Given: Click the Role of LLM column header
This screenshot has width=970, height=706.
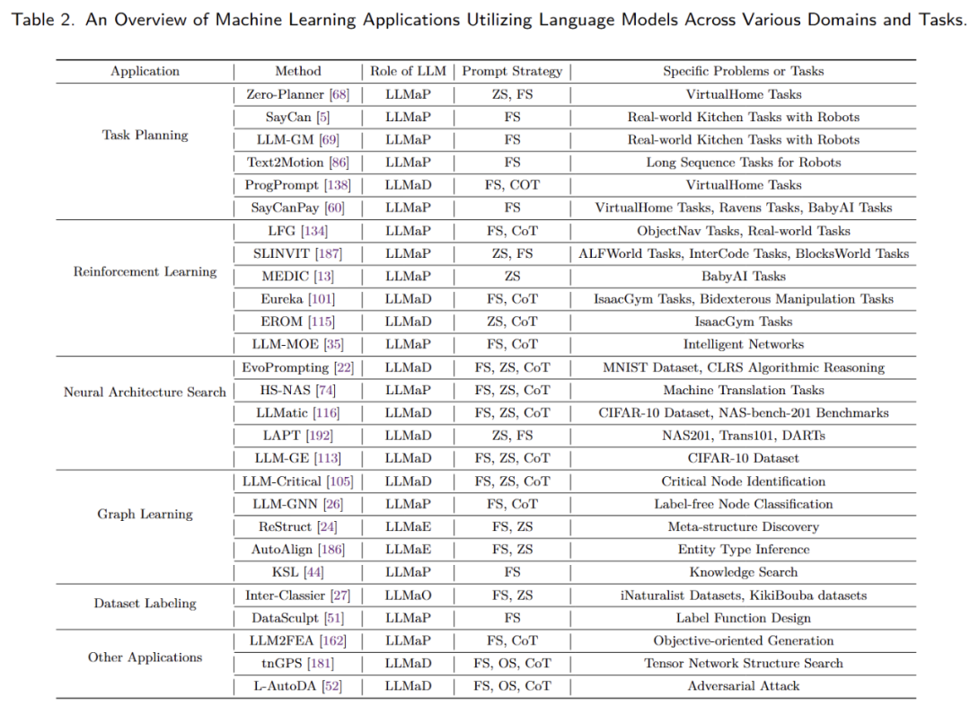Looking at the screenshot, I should [408, 71].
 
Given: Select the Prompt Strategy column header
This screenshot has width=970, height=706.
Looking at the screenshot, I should [512, 71].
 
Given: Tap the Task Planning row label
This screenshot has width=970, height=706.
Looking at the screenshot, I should [145, 135].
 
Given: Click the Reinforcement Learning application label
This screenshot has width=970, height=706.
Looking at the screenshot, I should [145, 271].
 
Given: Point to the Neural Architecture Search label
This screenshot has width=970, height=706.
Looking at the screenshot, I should [145, 392].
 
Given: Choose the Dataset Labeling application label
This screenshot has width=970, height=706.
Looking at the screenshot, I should [145, 604].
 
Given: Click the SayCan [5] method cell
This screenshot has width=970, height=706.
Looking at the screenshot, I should [297, 117].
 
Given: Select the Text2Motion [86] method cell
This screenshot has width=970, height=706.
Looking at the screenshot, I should [297, 163].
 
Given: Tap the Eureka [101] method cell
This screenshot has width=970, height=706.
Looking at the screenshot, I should [297, 299].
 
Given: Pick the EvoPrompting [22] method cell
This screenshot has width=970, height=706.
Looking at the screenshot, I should [297, 367].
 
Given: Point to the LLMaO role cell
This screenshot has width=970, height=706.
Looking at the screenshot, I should [408, 595].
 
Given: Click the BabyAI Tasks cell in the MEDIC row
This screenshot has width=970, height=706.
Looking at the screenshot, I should [743, 277].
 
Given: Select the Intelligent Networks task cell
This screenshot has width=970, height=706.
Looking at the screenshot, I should [743, 344].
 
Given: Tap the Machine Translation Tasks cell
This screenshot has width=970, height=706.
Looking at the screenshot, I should [743, 390].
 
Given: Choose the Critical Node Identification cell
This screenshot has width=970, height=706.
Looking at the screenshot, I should [743, 481].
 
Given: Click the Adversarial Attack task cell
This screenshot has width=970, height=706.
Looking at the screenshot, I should [743, 685].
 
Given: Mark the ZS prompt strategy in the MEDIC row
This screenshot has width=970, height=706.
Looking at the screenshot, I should [512, 277].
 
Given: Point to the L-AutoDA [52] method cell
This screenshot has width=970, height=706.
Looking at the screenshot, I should [297, 685].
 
